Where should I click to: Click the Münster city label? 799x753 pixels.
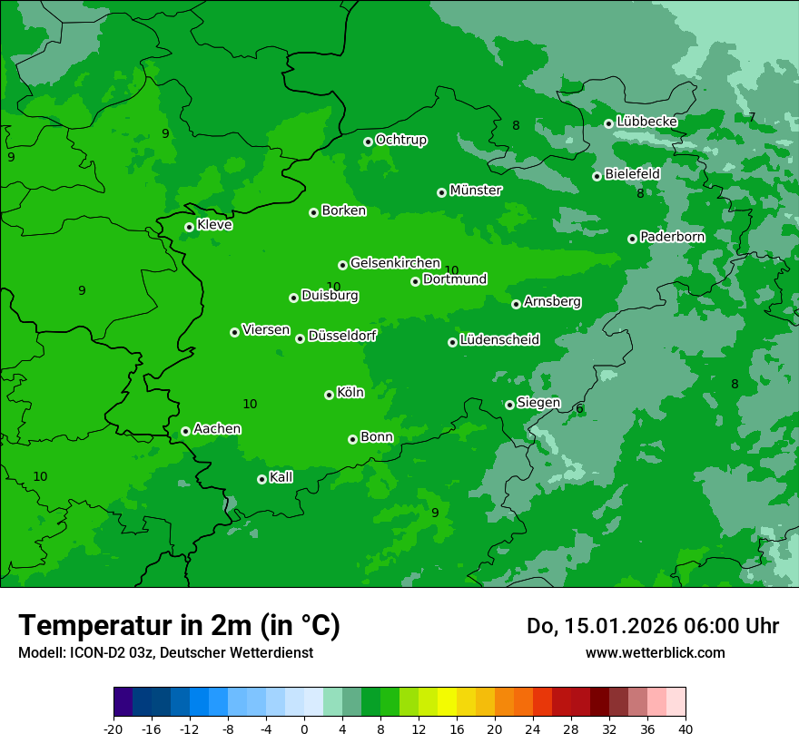[475, 191]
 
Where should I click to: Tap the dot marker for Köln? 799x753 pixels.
[329, 395]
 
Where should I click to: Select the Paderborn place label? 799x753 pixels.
[672, 237]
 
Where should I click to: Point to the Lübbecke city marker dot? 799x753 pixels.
[608, 123]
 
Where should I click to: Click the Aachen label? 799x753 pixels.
[217, 428]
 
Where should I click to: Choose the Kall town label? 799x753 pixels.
[281, 477]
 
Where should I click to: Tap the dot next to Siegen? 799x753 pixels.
[509, 405]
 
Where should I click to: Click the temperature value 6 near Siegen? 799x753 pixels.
[579, 408]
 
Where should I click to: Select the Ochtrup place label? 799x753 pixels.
[400, 140]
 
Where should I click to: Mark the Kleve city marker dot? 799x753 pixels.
[189, 227]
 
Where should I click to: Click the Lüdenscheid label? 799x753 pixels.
[499, 340]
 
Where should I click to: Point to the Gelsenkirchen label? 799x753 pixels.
[395, 263]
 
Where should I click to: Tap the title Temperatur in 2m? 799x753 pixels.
[179, 625]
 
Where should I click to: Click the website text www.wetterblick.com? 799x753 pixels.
[655, 652]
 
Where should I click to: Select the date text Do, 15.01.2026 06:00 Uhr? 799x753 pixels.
[652, 626]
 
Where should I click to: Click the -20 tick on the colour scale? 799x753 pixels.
[113, 729]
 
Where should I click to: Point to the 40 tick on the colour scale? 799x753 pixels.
[686, 729]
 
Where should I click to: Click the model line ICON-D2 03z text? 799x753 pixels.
[165, 652]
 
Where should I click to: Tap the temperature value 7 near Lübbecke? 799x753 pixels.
[751, 117]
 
